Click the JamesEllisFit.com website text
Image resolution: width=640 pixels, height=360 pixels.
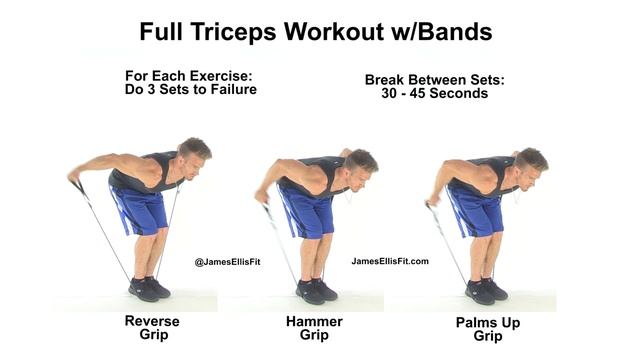click(390, 261)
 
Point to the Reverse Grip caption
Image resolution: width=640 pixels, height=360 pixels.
click(151, 327)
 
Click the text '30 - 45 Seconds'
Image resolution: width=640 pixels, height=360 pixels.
click(426, 94)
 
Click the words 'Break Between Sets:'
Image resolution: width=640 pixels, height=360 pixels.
click(426, 80)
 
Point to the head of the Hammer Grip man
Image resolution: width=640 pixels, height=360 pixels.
click(360, 164)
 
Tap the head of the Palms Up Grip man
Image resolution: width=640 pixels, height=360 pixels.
click(530, 164)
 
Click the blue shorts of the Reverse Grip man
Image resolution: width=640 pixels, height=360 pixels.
click(143, 209)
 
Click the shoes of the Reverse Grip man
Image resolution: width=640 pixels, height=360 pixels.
click(149, 290)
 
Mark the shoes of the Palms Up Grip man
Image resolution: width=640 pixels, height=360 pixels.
click(484, 291)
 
